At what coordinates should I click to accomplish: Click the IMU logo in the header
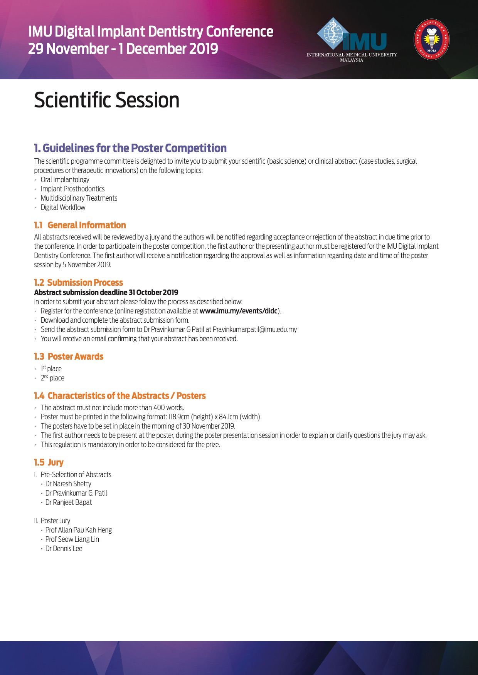coord(352,39)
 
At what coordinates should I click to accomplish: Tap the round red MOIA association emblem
coord(432,40)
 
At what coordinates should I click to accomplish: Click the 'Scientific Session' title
coord(107,100)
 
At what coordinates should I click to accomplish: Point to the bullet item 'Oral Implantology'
coord(65,180)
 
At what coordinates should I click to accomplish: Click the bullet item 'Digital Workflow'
coord(63,208)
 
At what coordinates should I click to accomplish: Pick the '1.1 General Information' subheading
coord(80,225)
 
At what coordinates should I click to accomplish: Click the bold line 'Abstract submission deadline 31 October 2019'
coord(106,292)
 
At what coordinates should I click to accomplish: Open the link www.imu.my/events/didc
coord(239,311)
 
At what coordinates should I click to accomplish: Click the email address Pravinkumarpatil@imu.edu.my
coord(255,330)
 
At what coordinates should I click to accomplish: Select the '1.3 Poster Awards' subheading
coord(69,357)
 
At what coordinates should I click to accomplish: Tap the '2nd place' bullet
coord(52,378)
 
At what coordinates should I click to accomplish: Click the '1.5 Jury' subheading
coord(49,462)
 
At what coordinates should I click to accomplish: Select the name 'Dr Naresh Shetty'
coord(68,484)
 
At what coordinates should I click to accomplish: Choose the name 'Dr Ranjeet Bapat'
coord(69,502)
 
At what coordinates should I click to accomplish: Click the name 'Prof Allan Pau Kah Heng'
coord(79,530)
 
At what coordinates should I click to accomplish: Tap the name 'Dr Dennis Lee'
coord(64,549)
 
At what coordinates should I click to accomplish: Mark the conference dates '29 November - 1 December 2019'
coord(123,49)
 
